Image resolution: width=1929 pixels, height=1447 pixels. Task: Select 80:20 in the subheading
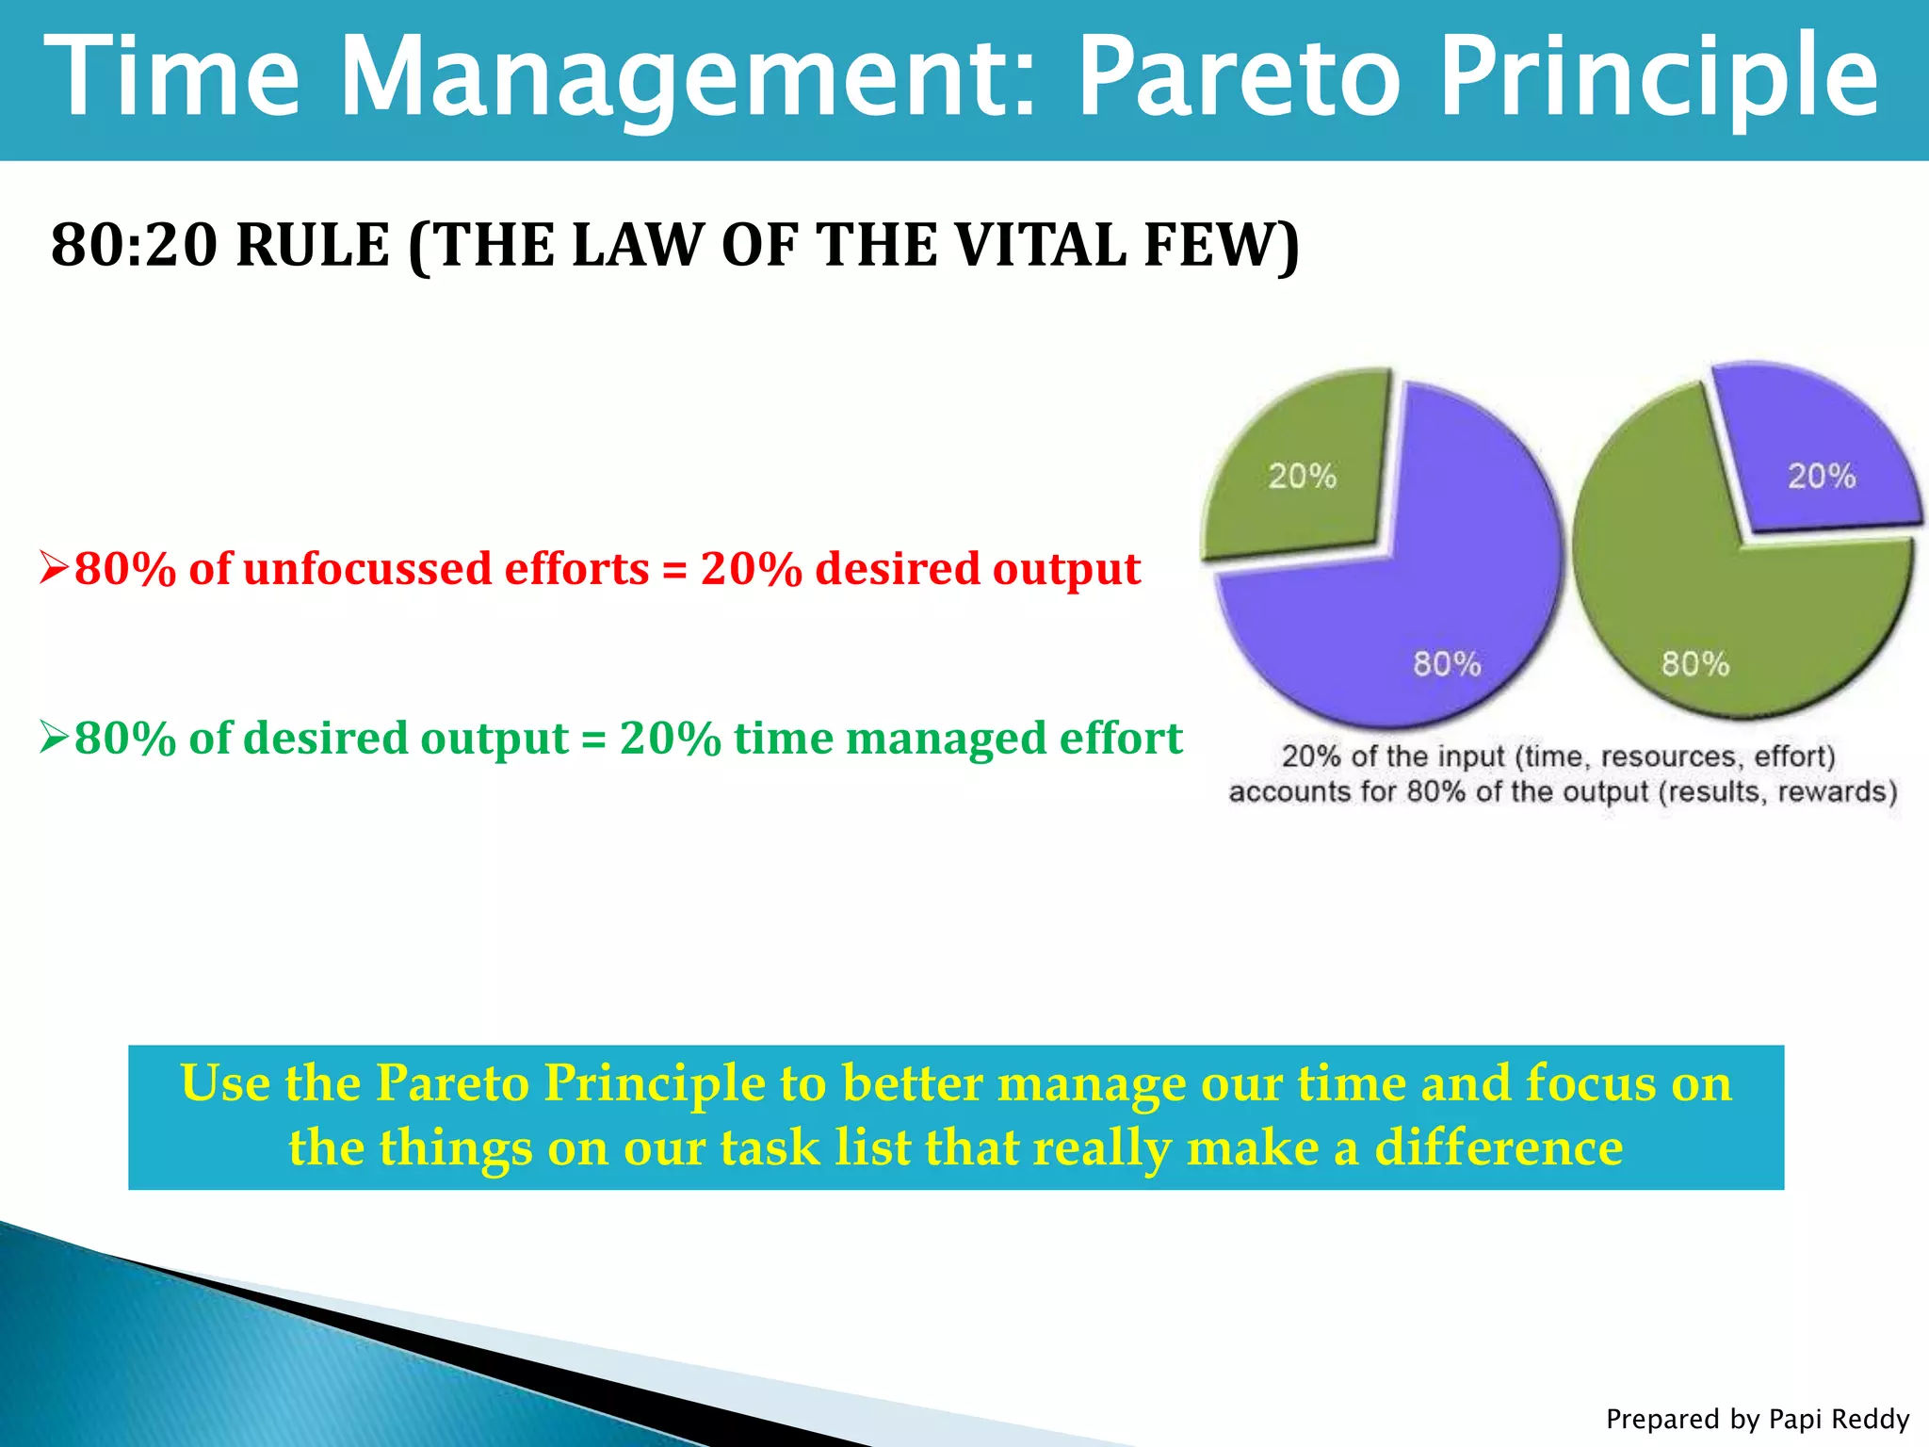[x=133, y=245]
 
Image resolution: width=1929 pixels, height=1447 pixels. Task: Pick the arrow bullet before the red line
[x=54, y=568]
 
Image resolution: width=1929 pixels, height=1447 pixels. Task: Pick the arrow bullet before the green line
[x=54, y=738]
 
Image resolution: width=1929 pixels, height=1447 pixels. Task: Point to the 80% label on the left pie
[x=1447, y=664]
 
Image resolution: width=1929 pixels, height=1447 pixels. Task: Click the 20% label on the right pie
[x=1822, y=476]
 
